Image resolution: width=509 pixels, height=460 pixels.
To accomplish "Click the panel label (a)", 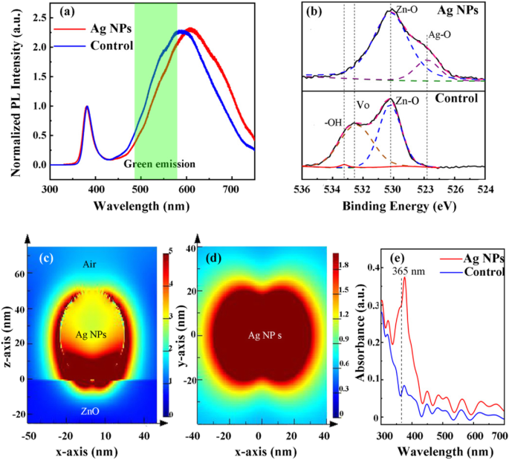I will coord(62,13).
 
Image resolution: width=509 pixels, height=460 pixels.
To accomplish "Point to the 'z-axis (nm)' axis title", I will coord(9,334).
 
